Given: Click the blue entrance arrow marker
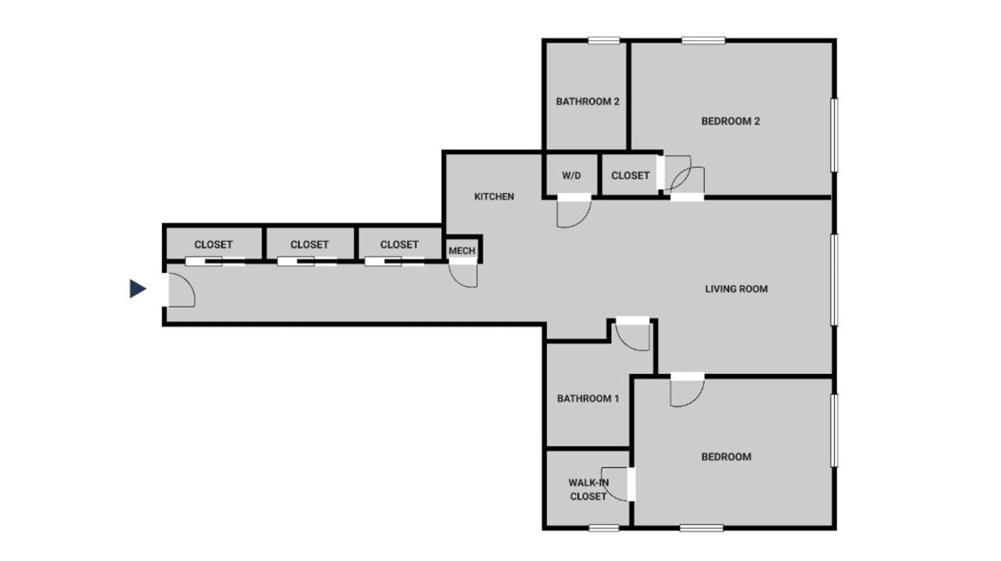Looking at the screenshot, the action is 138,288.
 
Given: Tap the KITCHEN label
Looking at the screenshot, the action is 494,196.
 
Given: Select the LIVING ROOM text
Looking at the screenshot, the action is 736,289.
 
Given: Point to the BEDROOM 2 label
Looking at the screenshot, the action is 730,121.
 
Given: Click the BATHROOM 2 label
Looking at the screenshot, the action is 587,101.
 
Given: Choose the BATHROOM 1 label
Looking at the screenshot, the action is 588,398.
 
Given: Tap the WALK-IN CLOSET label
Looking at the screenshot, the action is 588,489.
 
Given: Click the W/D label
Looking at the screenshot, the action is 572,176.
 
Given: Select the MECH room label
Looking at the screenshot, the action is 462,251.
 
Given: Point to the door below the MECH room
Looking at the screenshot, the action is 463,275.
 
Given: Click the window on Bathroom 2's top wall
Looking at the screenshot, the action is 604,41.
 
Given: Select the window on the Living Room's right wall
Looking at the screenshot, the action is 834,280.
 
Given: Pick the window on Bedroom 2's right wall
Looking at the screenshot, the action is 834,135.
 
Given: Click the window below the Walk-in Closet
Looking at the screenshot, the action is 604,528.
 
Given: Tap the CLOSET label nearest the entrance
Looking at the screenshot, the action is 213,245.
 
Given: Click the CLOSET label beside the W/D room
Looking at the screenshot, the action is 630,176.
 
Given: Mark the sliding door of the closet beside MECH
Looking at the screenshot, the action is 394,262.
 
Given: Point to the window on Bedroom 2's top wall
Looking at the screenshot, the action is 703,41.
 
